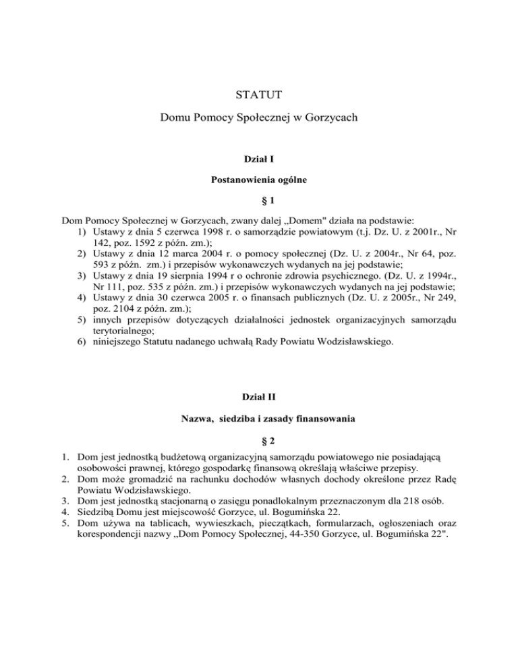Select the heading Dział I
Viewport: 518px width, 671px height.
pos(259,159)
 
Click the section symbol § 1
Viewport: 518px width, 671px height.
pos(259,203)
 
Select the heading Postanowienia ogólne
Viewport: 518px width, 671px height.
pos(259,182)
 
